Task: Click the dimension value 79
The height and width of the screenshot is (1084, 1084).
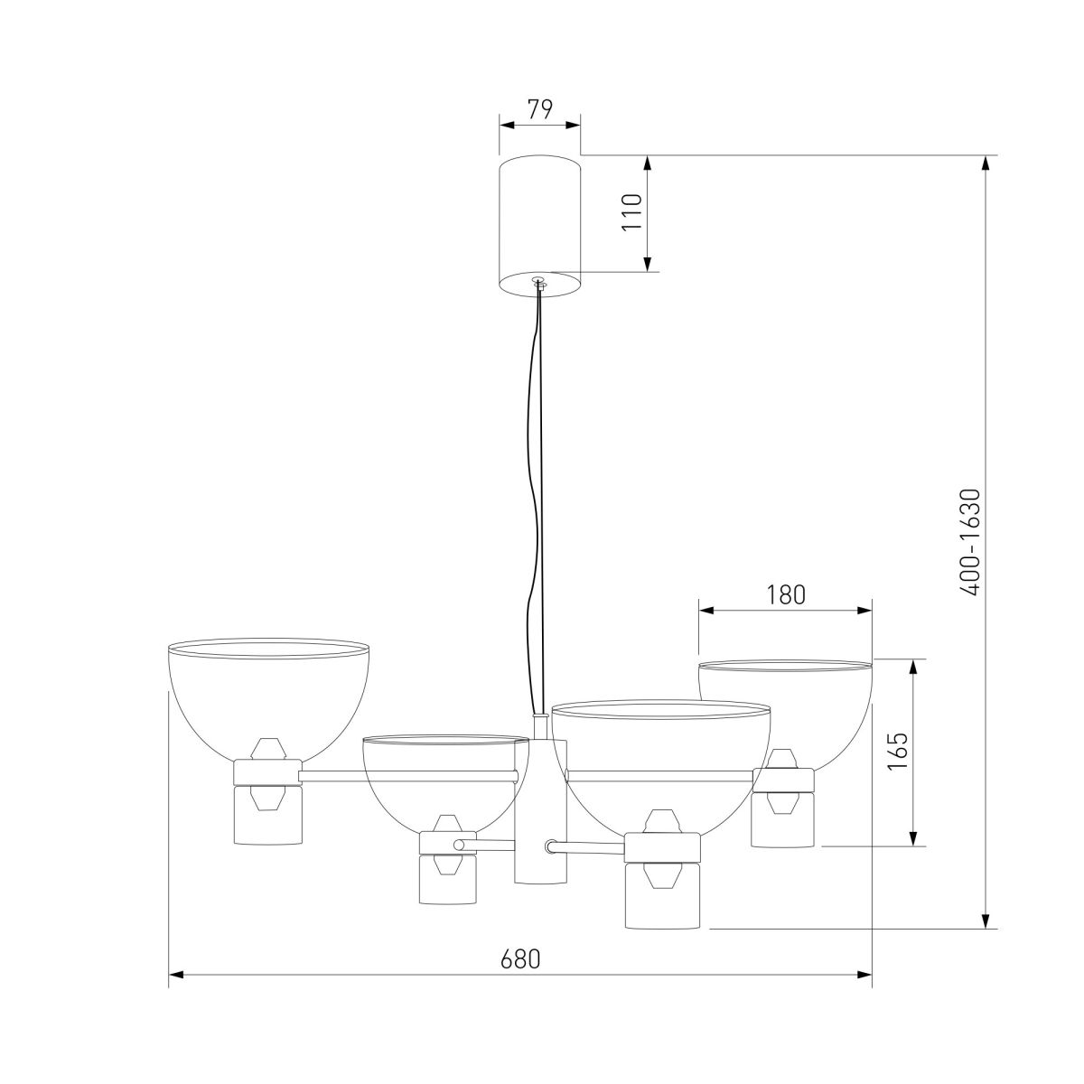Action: pyautogui.click(x=540, y=109)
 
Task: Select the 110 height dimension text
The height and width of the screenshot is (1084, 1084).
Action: pyautogui.click(x=631, y=212)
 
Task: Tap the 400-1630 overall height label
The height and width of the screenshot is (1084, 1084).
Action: pyautogui.click(x=970, y=542)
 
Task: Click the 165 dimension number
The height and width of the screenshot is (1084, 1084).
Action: pyautogui.click(x=898, y=752)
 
